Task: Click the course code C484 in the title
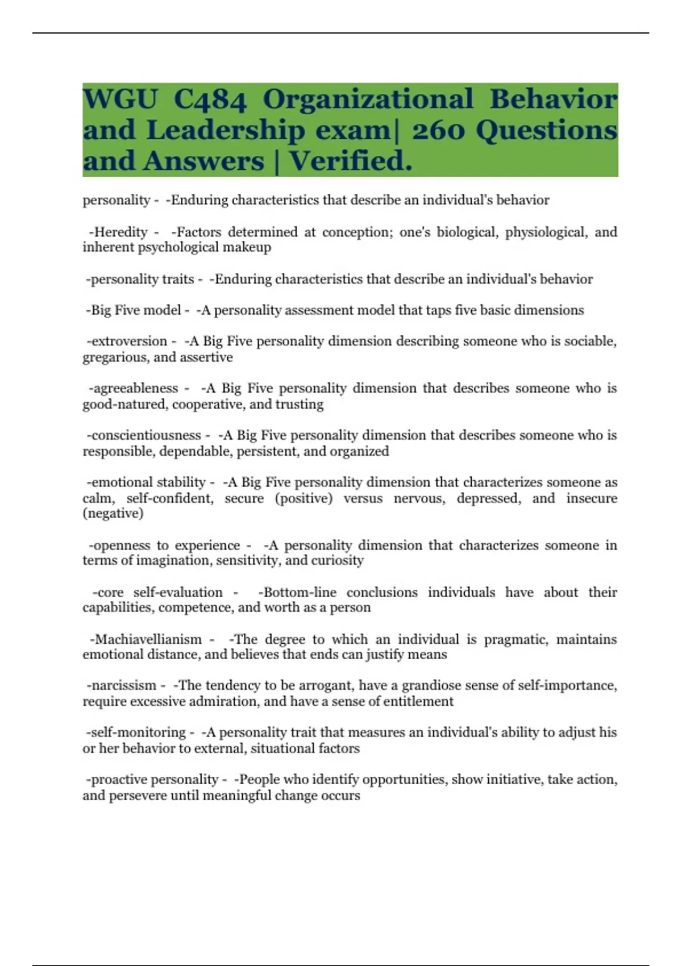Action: click(210, 99)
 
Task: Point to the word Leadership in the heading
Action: click(226, 130)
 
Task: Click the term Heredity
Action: click(120, 232)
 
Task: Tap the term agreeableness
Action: click(136, 388)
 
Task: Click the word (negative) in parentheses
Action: click(113, 513)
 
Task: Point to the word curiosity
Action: click(338, 560)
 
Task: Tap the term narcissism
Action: click(124, 685)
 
